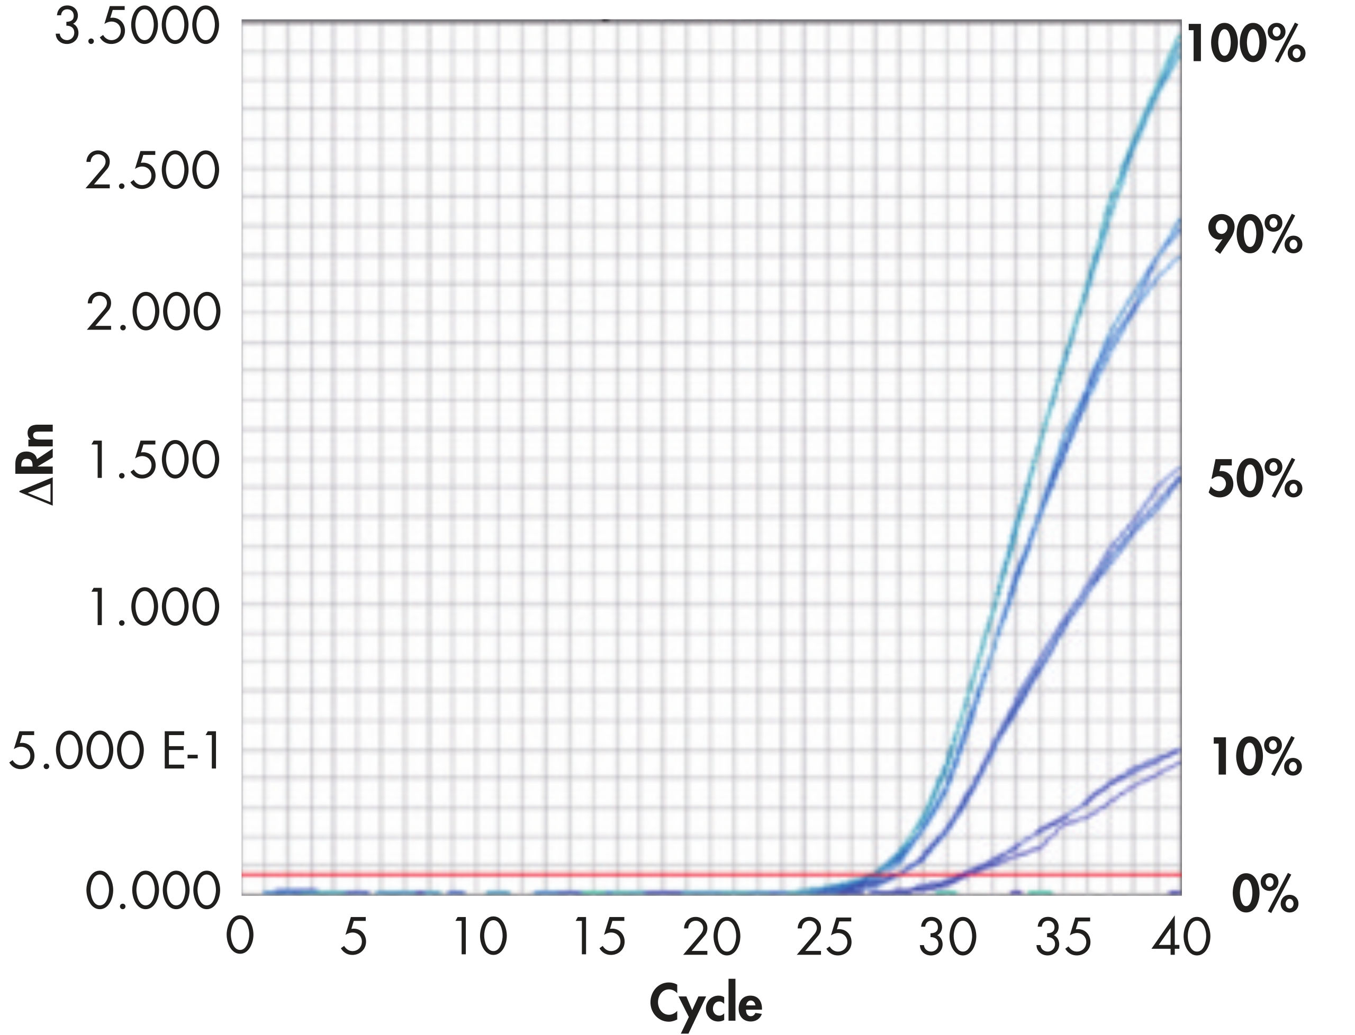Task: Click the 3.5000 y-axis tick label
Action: coord(137,27)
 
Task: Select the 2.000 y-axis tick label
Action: coord(153,314)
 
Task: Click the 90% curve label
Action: coord(1254,236)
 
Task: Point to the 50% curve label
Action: coord(1254,481)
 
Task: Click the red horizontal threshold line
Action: coord(555,875)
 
